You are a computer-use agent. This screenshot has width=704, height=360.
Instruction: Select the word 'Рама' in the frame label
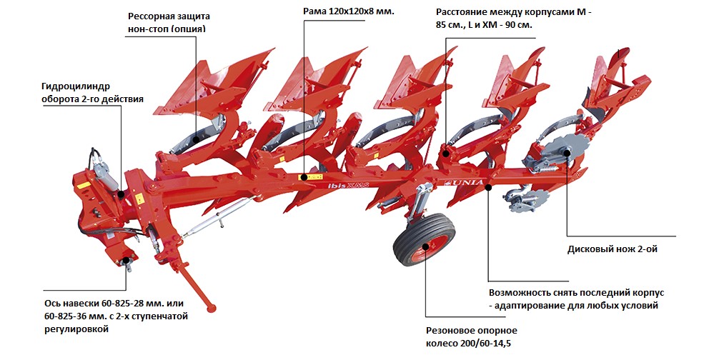click(318, 12)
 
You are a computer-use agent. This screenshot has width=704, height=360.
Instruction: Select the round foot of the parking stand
click(211, 309)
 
